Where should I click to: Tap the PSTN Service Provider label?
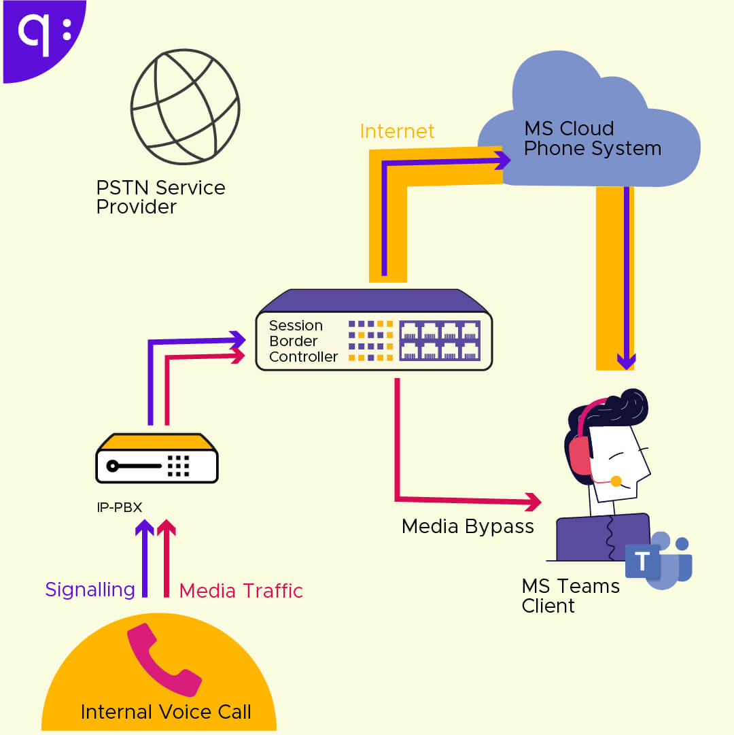click(x=160, y=197)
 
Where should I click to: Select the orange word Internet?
click(x=397, y=131)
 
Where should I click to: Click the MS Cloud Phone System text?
click(x=592, y=139)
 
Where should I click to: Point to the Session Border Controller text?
click(x=303, y=341)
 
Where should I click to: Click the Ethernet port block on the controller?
click(x=440, y=341)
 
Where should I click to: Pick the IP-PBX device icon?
click(x=157, y=458)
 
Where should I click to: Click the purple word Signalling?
click(x=90, y=589)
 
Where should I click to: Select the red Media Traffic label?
click(x=241, y=591)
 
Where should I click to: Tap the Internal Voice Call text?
click(x=166, y=712)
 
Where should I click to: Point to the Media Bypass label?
click(x=468, y=526)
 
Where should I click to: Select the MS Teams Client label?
click(x=570, y=596)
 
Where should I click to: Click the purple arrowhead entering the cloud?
click(x=503, y=160)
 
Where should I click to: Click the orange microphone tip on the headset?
click(x=616, y=481)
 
